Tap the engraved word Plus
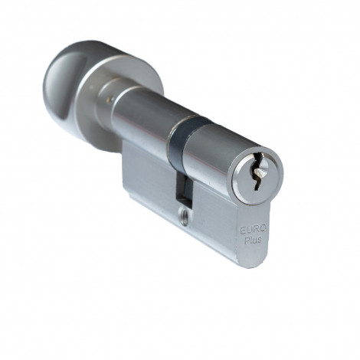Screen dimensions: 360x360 (x=253, y=241)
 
